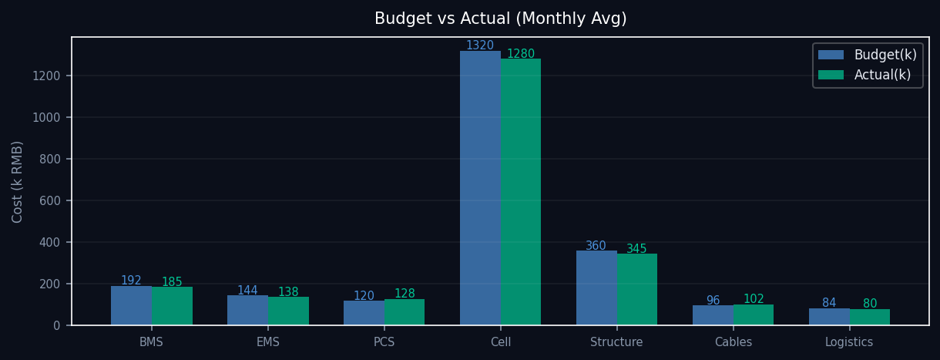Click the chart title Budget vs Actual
500,19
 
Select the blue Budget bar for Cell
480,188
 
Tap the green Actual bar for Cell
521,192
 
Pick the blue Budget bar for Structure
596,288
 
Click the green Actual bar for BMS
172,306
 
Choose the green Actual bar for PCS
405,312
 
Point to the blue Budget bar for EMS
247,310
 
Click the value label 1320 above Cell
479,45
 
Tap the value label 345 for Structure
636,249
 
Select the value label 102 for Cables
754,299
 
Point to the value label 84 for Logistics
829,303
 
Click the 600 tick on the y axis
49,200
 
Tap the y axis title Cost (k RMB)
18,181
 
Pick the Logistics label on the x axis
849,342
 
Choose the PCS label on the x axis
384,342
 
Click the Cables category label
733,342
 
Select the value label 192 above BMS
131,281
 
